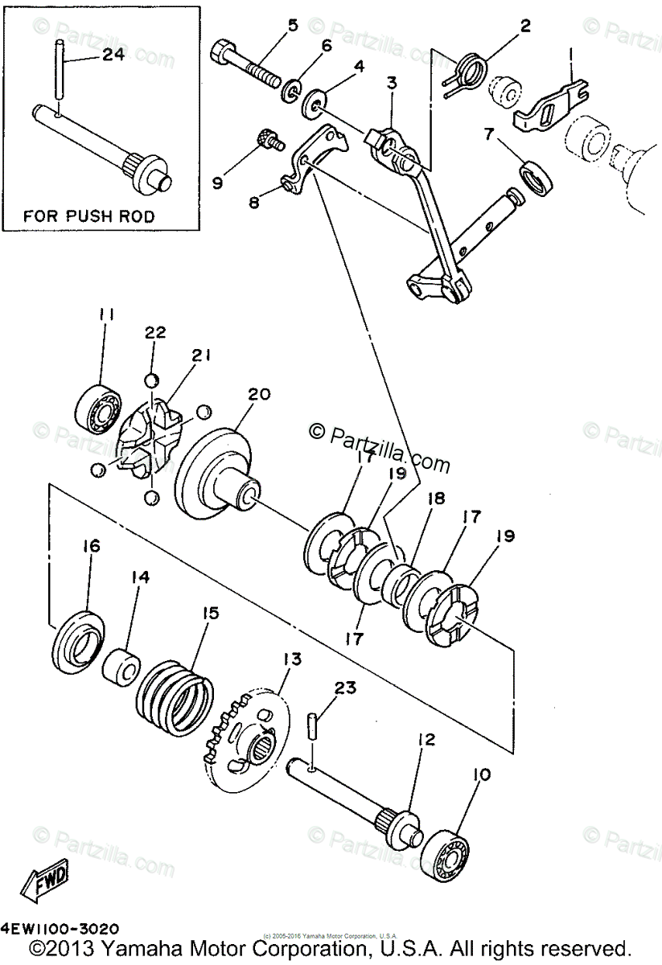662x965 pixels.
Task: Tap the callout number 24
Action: [x=113, y=55]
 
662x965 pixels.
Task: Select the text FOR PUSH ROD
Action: [x=88, y=216]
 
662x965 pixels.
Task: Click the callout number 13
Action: [x=291, y=659]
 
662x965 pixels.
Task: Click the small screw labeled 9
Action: [x=269, y=141]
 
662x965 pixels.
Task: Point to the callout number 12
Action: [x=426, y=738]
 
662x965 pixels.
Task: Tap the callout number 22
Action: [x=154, y=333]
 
